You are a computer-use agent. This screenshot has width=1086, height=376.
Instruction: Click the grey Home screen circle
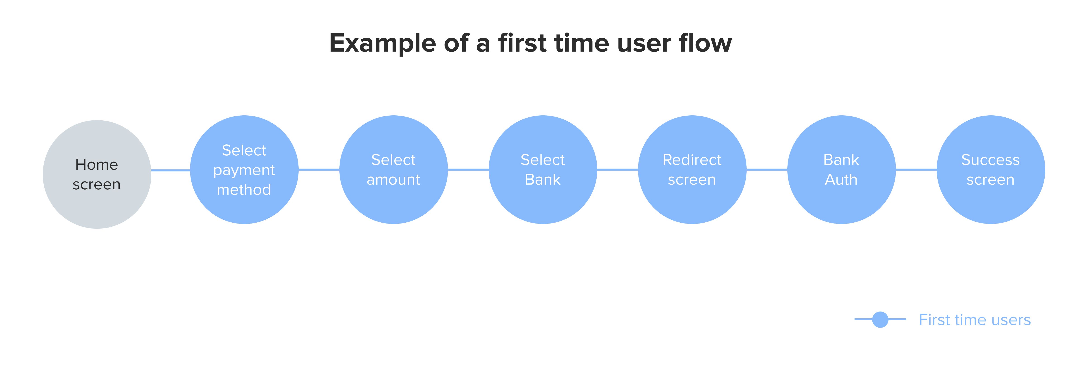97,174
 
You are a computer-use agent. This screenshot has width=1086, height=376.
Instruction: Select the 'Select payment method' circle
245,169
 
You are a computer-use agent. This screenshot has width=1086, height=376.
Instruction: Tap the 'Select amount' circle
394,169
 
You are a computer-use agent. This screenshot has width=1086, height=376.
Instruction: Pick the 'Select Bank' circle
543,169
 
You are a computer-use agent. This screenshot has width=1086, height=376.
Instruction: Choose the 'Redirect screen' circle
692,169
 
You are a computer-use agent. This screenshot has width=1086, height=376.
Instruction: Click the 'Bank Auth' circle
841,169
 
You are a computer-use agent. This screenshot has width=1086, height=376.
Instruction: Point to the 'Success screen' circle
991,169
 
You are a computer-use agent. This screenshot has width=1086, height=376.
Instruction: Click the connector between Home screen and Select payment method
171,170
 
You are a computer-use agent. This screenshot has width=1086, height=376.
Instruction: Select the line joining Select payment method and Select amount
319,169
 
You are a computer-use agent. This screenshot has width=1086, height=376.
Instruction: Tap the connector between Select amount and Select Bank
468,169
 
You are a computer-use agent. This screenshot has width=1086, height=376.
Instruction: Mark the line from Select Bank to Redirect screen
618,169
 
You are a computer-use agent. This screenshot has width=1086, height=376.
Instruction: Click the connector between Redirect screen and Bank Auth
767,169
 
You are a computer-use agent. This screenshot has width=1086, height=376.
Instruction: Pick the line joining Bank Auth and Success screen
916,169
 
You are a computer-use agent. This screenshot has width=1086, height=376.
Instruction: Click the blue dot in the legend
880,319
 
